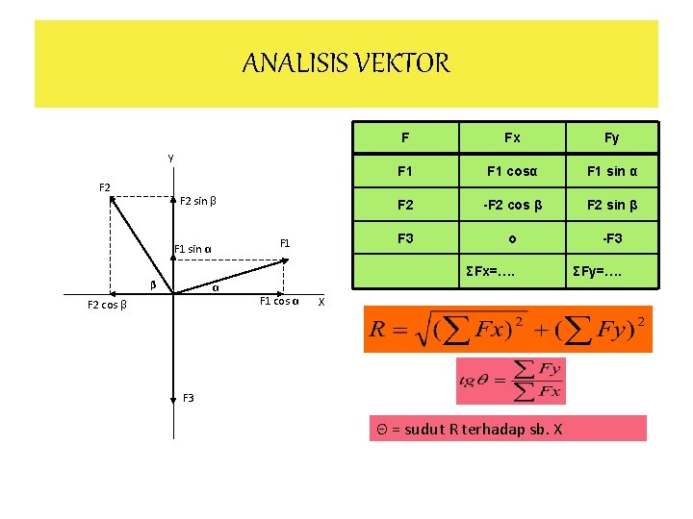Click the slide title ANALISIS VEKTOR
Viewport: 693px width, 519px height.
pos(346,64)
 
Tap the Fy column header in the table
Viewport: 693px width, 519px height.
pos(611,137)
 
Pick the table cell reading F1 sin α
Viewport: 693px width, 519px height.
pos(612,172)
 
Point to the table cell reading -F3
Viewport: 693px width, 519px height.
pos(612,237)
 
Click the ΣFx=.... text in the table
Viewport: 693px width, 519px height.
pos(490,272)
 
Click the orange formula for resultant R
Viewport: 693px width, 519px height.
pos(507,329)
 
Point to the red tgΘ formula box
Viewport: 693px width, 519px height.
pos(510,381)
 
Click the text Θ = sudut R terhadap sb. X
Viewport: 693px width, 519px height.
pos(467,429)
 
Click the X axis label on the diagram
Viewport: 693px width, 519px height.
pos(321,302)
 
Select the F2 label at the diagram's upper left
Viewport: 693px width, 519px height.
pos(105,185)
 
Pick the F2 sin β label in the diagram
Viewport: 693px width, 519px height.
pos(197,202)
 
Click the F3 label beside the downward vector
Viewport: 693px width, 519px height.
pos(188,397)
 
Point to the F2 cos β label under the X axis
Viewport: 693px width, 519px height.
pos(108,305)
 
